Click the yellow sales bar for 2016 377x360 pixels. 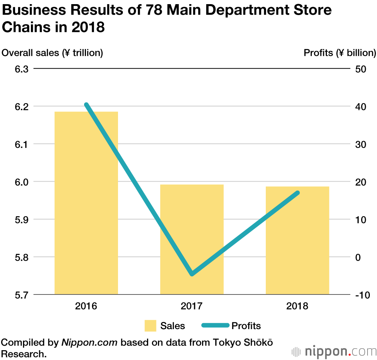(86, 203)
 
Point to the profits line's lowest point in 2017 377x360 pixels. (192, 274)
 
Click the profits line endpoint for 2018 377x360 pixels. (297, 193)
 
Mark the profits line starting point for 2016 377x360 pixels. (86, 105)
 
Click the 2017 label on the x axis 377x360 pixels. (192, 305)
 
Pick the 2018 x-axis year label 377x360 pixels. (297, 305)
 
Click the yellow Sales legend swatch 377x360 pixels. (150, 326)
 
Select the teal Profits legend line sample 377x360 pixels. (215, 325)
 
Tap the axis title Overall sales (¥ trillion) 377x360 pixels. (52, 53)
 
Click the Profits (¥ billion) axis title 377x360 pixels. (340, 53)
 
